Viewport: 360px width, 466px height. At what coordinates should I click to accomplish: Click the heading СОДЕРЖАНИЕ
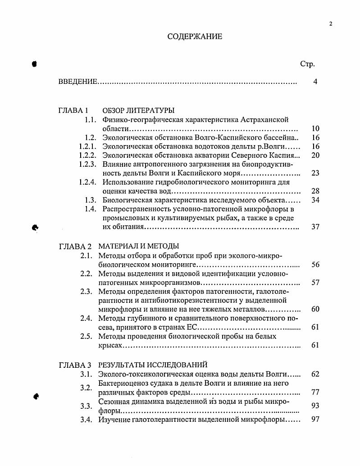click(195, 37)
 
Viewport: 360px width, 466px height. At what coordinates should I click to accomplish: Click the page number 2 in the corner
click(330, 24)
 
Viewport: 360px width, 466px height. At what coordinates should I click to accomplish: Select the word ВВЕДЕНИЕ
click(78, 82)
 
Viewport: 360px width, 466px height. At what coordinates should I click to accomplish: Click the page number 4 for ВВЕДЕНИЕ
click(315, 82)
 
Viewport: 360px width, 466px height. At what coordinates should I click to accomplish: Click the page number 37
click(315, 227)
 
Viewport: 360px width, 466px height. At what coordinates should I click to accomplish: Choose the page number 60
click(315, 309)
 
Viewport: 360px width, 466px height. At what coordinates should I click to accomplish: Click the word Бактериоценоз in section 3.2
click(121, 383)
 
